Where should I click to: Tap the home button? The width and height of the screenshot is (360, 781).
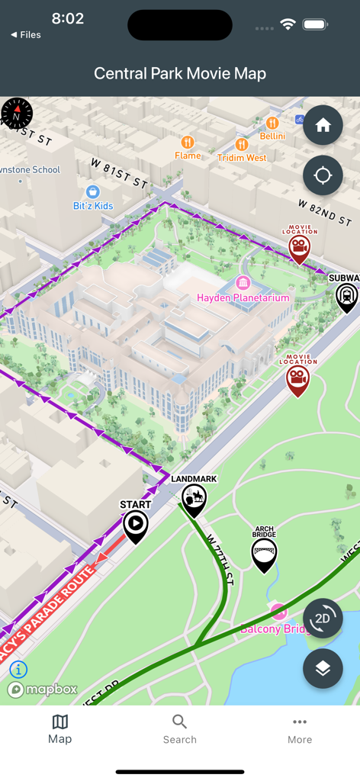[323, 125]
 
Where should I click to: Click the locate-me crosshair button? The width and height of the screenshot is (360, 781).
[323, 175]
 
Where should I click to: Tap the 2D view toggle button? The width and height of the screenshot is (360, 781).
[323, 618]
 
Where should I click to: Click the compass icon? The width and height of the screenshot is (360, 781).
[17, 114]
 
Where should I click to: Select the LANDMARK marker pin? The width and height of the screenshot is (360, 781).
[194, 497]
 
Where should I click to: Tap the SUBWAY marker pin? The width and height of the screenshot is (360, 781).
[346, 294]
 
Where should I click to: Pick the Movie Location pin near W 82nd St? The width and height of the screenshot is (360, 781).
[299, 246]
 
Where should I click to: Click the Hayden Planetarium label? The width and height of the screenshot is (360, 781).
[243, 297]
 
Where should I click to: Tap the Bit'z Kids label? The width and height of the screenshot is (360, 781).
[93, 205]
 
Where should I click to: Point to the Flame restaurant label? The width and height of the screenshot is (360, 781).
[188, 155]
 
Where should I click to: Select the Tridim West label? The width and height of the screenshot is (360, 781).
[242, 157]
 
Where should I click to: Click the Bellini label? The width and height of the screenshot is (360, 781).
[272, 136]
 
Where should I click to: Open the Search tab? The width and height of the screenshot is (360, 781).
[180, 728]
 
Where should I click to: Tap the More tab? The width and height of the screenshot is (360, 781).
[300, 728]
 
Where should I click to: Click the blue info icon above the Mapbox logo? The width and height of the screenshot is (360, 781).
[18, 670]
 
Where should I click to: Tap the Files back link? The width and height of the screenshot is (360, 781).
[26, 35]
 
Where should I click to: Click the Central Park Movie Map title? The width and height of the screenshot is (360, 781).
[180, 74]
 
